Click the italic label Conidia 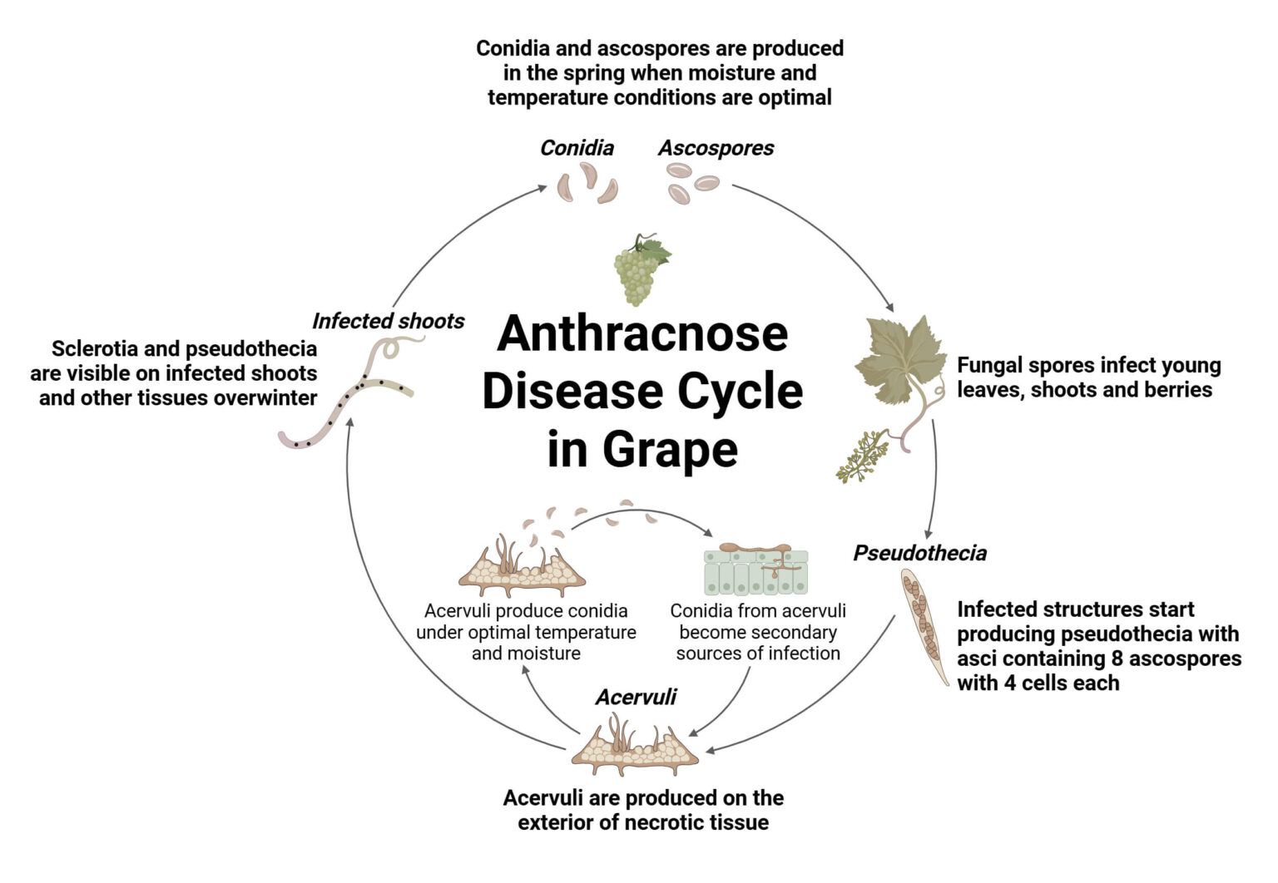[x=577, y=148]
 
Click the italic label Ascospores [x=716, y=148]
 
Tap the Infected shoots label [x=388, y=321]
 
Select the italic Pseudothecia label [x=919, y=553]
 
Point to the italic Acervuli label [x=637, y=697]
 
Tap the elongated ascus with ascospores [x=924, y=626]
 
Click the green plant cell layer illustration [x=756, y=570]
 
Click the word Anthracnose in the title [x=642, y=334]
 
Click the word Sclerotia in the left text [x=92, y=349]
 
